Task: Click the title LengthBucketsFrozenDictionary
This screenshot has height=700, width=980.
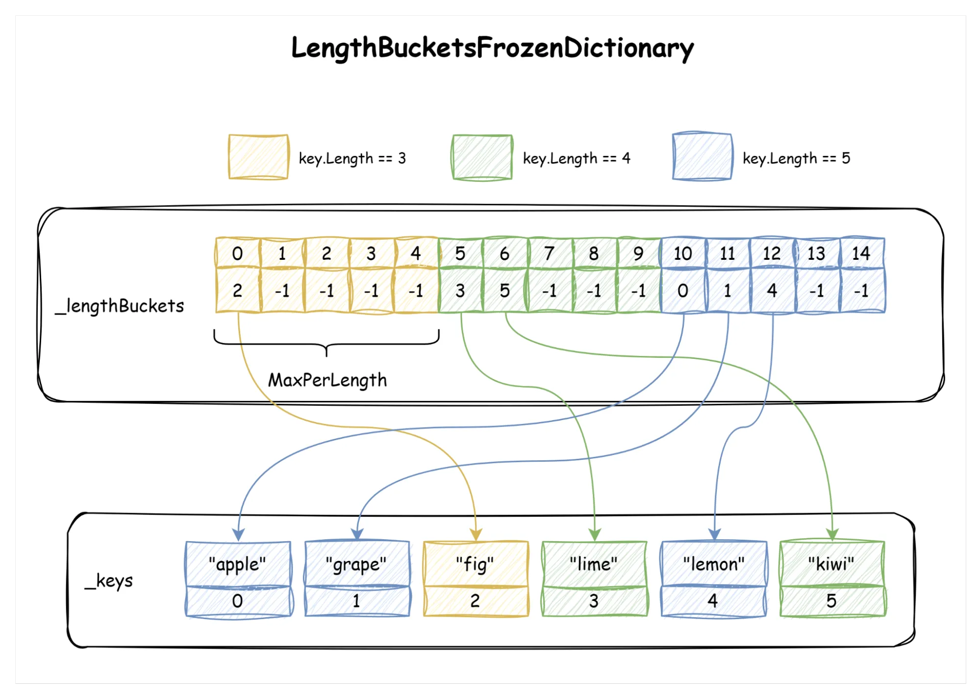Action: pos(492,48)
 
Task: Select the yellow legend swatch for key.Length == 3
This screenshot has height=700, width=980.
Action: pos(258,157)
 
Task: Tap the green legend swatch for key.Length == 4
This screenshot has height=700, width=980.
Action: pos(482,157)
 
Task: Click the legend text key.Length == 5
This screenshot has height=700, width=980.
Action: pos(796,158)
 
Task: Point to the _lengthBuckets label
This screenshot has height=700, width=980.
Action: pos(120,306)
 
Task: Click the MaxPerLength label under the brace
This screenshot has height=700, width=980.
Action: pos(327,380)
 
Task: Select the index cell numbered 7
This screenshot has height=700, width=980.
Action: pos(549,253)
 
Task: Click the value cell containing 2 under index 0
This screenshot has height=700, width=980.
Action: pos(237,291)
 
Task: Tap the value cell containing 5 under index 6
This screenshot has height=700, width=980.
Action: pos(504,291)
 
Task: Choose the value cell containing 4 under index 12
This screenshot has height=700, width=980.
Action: pos(772,291)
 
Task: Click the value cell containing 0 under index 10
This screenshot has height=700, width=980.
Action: pos(682,291)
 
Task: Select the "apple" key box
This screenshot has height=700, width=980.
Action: pos(238,564)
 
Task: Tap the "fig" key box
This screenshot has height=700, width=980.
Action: pos(475,564)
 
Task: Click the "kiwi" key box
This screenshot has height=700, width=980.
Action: pos(831,564)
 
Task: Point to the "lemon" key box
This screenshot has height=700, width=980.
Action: pos(713,564)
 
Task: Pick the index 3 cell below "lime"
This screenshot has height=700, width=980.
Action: pos(594,601)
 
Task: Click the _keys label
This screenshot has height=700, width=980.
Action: pos(109,581)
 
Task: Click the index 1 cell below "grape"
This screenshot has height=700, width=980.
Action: pos(356,601)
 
